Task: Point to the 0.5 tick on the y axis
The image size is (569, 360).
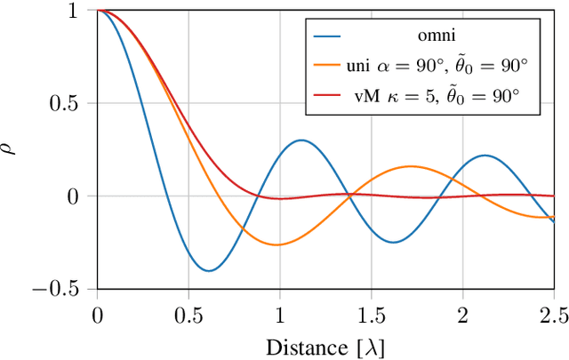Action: [70, 104]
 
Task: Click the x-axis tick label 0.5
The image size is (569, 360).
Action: [188, 315]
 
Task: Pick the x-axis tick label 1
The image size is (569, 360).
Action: [280, 315]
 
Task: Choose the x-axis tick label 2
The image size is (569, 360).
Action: [462, 315]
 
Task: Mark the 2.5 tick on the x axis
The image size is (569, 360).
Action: [552, 315]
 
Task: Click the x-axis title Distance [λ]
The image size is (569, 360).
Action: [325, 343]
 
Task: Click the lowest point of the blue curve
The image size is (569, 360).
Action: [208, 270]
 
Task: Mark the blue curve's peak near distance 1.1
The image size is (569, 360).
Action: [302, 140]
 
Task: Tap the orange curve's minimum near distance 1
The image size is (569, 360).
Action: [278, 244]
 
